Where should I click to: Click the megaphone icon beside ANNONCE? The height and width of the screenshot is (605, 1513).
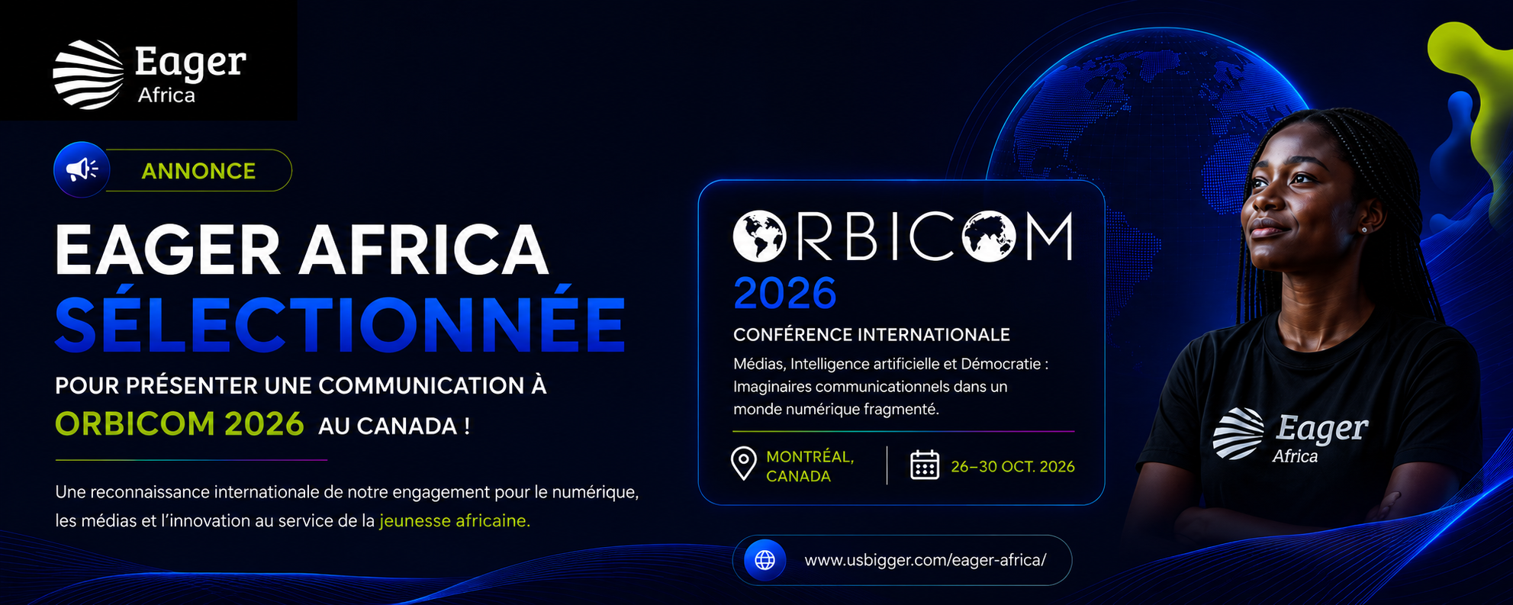tap(82, 169)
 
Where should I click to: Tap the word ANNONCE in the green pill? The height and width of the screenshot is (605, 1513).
tap(198, 171)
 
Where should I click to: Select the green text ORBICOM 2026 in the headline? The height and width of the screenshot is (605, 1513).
tap(179, 424)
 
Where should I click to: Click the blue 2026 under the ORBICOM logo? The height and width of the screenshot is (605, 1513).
tap(784, 294)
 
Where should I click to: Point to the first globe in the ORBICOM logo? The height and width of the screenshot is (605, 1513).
tap(759, 237)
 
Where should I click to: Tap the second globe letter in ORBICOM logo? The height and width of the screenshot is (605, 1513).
tap(989, 237)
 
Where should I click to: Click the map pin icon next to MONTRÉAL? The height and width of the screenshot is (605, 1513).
tap(743, 464)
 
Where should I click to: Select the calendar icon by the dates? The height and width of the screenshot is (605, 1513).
tap(924, 465)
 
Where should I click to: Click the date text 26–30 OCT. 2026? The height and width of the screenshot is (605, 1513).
tap(1012, 467)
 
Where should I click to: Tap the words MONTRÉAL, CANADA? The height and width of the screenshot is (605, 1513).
tap(810, 466)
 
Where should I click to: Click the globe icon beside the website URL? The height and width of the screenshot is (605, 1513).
tap(765, 560)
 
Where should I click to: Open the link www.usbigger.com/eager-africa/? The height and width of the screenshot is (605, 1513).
tap(925, 561)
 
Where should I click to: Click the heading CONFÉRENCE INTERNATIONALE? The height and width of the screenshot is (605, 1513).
tap(871, 335)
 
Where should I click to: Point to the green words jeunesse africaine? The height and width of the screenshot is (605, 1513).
tap(454, 521)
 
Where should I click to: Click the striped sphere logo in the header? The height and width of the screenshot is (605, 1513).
tap(89, 75)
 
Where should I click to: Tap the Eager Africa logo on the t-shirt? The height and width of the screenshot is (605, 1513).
tap(1290, 436)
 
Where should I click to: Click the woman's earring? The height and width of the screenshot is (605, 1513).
tap(1363, 229)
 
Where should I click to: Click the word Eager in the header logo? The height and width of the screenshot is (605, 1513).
tap(190, 63)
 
